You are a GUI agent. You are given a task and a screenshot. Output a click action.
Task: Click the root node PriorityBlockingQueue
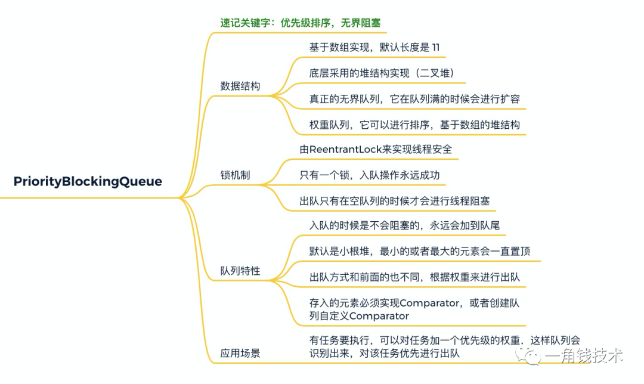pyautogui.click(x=88, y=181)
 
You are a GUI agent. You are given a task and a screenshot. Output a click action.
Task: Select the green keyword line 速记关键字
pyautogui.click(x=300, y=23)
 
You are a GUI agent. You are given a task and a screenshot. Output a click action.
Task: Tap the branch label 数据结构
pyautogui.click(x=240, y=86)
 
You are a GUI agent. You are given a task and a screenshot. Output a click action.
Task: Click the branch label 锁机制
pyautogui.click(x=235, y=175)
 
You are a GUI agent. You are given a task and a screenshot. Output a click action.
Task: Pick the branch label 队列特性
pyautogui.click(x=240, y=271)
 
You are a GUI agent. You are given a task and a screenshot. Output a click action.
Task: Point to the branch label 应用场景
pyautogui.click(x=240, y=353)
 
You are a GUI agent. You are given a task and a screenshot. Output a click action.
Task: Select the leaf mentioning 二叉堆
pyautogui.click(x=382, y=73)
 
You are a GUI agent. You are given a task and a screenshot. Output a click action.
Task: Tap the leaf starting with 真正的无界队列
pyautogui.click(x=414, y=99)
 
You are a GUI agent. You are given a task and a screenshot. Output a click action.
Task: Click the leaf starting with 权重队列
pyautogui.click(x=414, y=125)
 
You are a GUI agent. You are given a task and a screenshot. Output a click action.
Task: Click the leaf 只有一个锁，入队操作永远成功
pyautogui.click(x=373, y=175)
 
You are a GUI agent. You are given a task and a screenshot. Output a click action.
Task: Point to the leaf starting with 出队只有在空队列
pyautogui.click(x=394, y=201)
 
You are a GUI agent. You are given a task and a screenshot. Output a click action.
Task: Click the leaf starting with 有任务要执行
pyautogui.click(x=444, y=346)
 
